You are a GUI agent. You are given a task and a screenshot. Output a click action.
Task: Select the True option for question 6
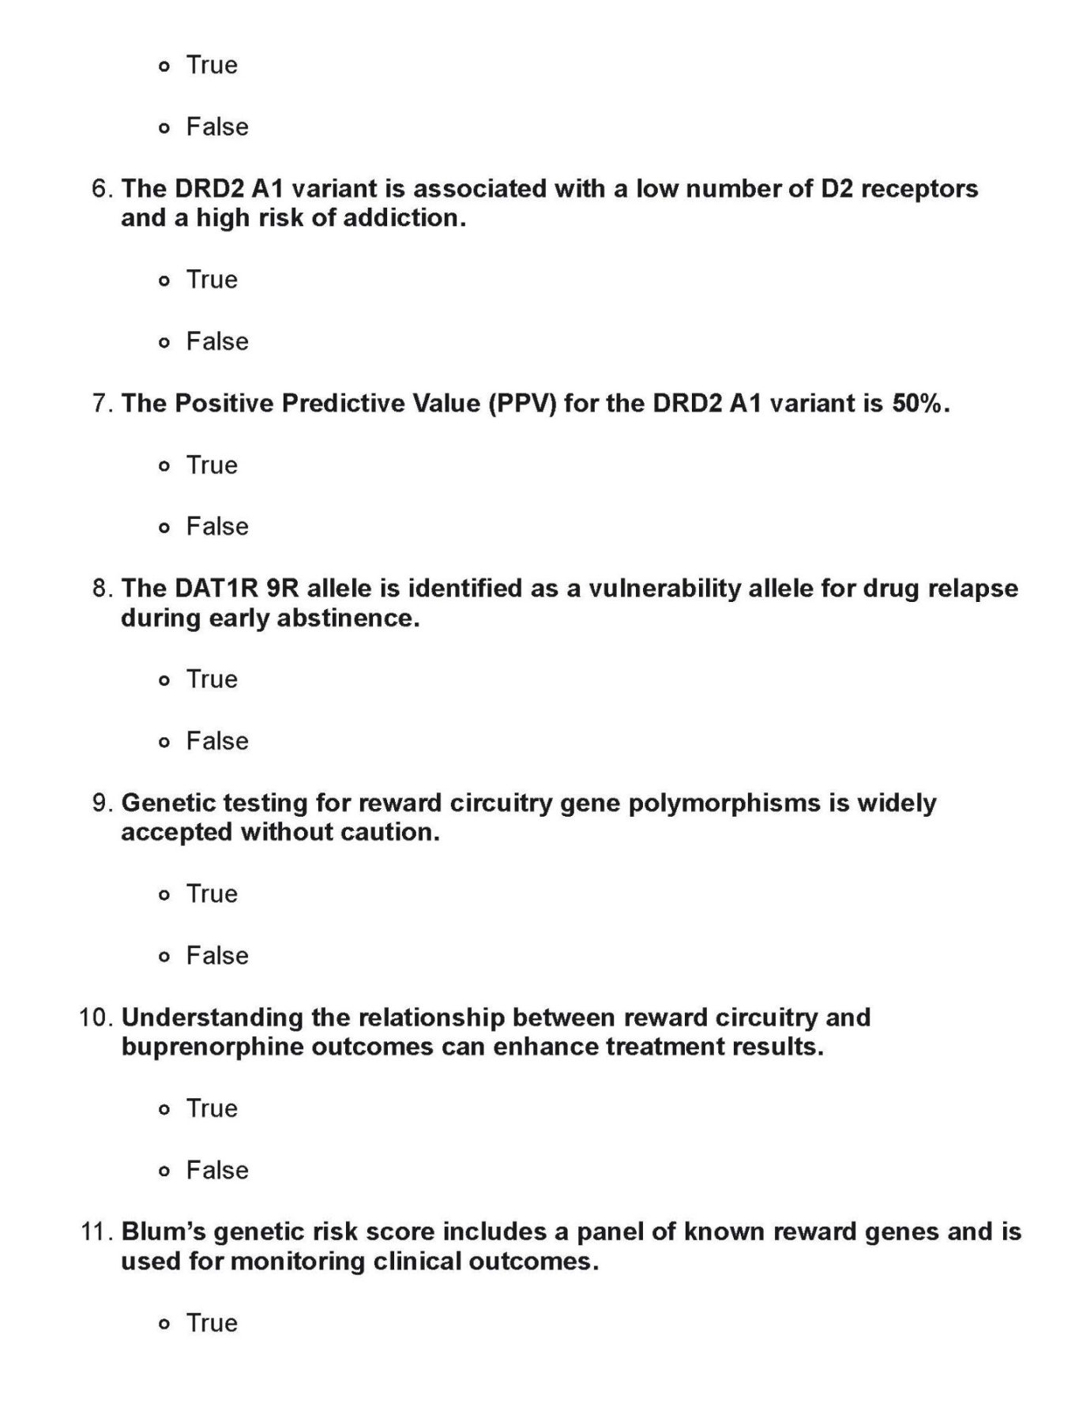(164, 280)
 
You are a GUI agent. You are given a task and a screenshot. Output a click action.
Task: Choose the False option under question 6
(164, 343)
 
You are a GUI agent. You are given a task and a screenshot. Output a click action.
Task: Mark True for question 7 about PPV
(164, 466)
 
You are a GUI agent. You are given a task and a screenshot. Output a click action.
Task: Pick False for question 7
(164, 528)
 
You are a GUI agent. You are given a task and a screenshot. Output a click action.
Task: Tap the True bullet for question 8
(164, 680)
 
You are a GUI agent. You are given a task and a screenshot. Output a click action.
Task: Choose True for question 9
(164, 895)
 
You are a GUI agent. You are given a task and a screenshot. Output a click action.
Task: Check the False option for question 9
(164, 957)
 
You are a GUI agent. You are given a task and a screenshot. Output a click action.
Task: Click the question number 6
(102, 190)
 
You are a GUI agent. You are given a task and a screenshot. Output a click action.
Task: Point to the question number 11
(97, 1232)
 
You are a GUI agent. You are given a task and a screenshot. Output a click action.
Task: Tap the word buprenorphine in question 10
(211, 1047)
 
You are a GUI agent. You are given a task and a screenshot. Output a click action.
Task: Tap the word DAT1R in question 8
(210, 589)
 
